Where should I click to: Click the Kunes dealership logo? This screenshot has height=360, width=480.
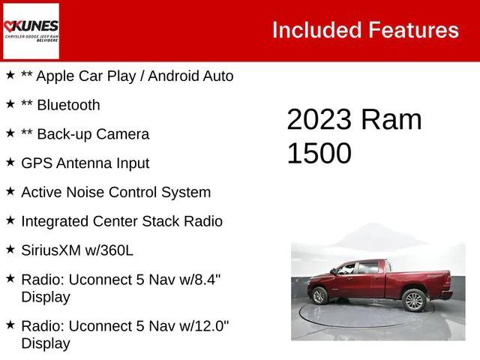(x=31, y=30)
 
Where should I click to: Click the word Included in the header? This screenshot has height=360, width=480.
(x=316, y=30)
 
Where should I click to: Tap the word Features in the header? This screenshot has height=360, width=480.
(x=413, y=30)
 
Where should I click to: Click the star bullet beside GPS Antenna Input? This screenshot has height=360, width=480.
(x=10, y=162)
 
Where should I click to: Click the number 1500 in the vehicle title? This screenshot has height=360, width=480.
(x=319, y=154)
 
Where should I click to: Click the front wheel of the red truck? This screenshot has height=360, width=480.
(x=319, y=295)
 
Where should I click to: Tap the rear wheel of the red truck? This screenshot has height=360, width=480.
(x=414, y=300)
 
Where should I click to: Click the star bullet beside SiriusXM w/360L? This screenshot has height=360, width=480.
(x=10, y=249)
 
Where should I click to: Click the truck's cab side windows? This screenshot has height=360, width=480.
(x=358, y=268)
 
